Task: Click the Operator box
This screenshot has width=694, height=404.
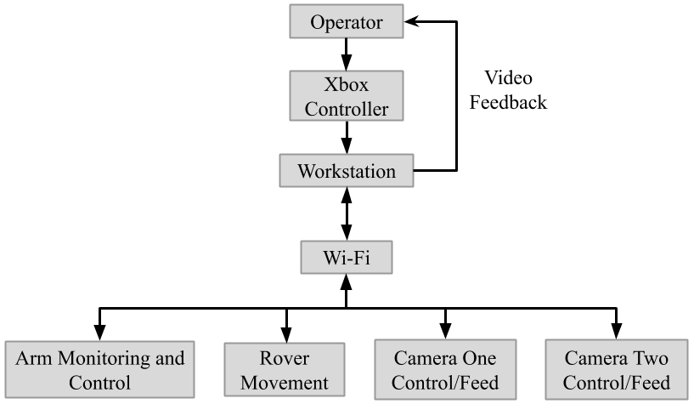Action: [346, 22]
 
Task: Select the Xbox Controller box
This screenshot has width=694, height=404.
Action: [346, 96]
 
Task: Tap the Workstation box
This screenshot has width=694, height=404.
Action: [346, 171]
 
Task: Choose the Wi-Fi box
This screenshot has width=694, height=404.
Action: [346, 257]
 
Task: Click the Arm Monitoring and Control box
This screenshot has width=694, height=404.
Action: [99, 370]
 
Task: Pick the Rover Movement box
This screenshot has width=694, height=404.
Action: [284, 370]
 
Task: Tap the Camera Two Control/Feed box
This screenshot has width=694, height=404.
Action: [616, 370]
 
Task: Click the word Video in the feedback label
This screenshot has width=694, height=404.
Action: [508, 78]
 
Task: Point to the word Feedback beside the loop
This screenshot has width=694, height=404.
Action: [508, 102]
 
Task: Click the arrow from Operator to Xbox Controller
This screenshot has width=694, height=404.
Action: [346, 54]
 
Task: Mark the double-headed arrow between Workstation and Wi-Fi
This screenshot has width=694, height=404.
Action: [346, 214]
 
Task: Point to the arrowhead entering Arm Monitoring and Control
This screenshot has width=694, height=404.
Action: [100, 333]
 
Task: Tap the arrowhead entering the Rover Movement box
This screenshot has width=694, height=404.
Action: [286, 333]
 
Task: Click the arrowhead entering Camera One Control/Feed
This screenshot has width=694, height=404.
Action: [445, 333]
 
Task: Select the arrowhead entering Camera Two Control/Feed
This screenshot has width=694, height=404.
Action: [617, 333]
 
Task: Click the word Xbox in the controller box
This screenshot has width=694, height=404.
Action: [346, 85]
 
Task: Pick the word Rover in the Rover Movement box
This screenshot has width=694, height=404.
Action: [284, 359]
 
